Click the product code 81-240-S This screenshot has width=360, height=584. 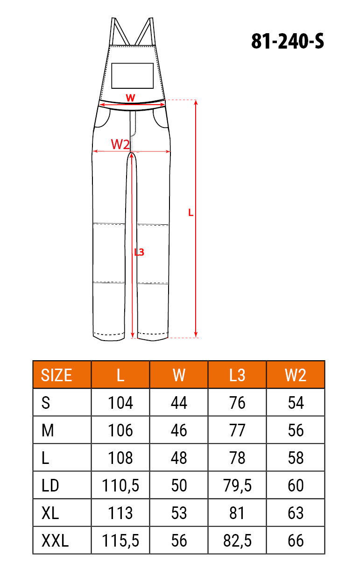[288, 41]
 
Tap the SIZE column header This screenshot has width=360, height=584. [56, 375]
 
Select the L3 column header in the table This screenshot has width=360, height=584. [237, 375]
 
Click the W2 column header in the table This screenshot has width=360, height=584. [296, 375]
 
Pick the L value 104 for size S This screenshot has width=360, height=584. [120, 403]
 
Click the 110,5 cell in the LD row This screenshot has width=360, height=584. [120, 485]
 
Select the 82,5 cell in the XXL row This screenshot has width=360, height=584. [237, 541]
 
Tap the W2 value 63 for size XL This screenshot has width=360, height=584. [296, 513]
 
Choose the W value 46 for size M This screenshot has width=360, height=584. [179, 430]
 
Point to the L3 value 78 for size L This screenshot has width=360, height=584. [237, 458]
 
